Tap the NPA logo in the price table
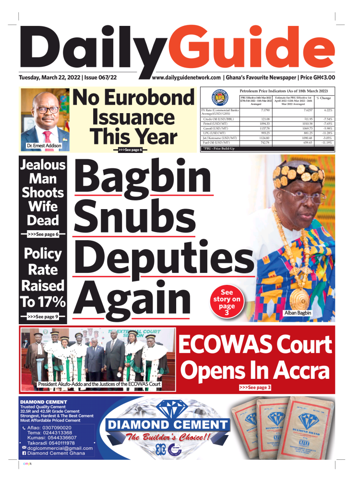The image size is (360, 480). [219, 98]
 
